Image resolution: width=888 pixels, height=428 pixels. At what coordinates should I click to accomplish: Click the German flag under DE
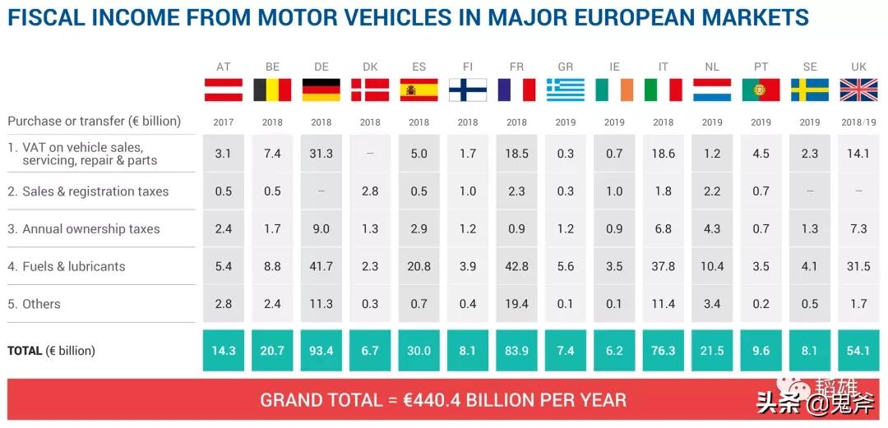click(x=321, y=90)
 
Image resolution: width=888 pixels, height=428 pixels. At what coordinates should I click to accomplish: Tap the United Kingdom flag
click(x=858, y=90)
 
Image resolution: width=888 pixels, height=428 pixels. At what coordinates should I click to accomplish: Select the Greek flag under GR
click(x=566, y=90)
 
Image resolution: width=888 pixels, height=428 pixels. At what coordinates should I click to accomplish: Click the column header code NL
click(x=712, y=67)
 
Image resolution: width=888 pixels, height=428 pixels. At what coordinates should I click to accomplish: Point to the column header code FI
click(x=468, y=67)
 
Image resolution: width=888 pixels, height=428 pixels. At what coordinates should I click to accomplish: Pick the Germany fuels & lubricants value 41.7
click(x=321, y=266)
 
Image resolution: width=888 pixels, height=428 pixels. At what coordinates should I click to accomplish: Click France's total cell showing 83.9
click(x=516, y=351)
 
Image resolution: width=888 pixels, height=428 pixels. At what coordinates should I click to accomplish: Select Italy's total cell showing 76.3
click(x=663, y=351)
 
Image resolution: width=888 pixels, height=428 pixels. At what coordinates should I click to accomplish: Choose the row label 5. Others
click(x=34, y=304)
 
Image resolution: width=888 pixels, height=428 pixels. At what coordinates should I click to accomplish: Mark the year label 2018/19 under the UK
click(x=858, y=122)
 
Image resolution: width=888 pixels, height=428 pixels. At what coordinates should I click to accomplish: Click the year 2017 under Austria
click(x=224, y=122)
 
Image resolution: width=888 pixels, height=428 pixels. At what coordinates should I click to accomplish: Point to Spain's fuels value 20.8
click(x=419, y=266)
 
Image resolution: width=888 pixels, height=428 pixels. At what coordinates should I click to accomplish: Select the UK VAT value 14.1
click(x=858, y=154)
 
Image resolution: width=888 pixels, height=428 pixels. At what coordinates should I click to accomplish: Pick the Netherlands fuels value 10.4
click(x=712, y=266)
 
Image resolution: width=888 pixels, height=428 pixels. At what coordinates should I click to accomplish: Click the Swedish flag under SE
click(x=810, y=90)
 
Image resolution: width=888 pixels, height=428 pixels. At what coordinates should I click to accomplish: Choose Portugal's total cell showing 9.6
click(x=761, y=351)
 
